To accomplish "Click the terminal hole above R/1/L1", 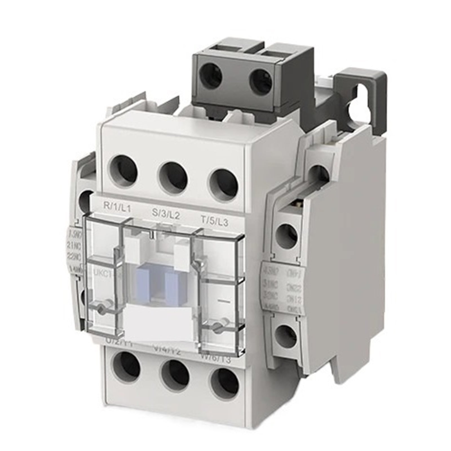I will tap(123, 171).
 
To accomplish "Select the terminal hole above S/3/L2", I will tap(173, 177).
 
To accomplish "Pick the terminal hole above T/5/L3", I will tap(223, 183).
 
